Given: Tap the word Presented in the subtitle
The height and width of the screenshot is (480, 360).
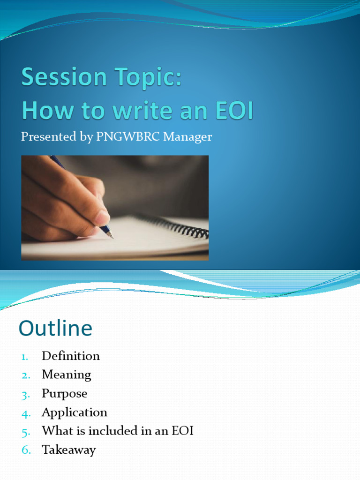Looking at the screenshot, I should [x=48, y=137].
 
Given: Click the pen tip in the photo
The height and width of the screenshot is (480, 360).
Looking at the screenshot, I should [x=111, y=236].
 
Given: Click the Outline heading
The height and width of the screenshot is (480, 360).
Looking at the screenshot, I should [x=55, y=329].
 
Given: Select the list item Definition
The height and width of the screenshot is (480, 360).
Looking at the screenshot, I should [x=71, y=356].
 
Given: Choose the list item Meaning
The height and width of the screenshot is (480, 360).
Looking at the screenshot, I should [x=66, y=375].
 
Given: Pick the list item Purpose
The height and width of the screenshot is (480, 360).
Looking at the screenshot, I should [x=64, y=394].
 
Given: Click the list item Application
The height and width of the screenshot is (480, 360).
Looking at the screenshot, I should [x=74, y=412].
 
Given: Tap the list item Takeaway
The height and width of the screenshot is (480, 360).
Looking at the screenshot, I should [x=68, y=450].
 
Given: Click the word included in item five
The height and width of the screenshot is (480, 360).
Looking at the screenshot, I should [x=117, y=431].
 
